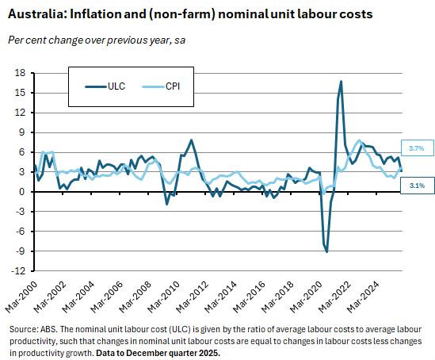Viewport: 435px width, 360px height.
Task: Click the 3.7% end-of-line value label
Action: (x=417, y=148)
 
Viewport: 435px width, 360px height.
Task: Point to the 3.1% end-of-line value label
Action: (x=417, y=185)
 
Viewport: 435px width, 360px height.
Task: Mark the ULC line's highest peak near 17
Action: (x=341, y=81)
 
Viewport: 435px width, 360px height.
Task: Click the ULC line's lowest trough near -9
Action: (x=326, y=251)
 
